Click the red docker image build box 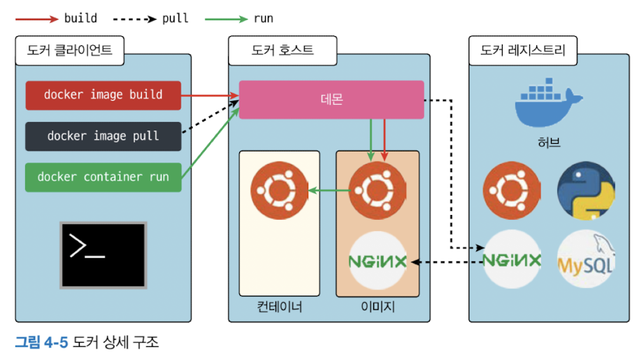click(x=103, y=96)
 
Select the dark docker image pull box click(x=103, y=136)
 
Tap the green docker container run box click(x=103, y=177)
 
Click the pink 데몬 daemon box click(x=331, y=100)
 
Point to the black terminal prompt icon click(x=103, y=255)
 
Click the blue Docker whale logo click(x=549, y=102)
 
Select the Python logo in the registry click(x=586, y=190)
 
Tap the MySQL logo click(x=586, y=259)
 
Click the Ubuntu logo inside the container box click(x=279, y=190)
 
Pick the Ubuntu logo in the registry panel click(x=512, y=190)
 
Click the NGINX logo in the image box click(x=378, y=260)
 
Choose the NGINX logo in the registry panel click(x=512, y=259)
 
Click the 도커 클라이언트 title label click(x=70, y=50)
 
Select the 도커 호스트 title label click(x=282, y=50)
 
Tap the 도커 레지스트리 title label click(x=523, y=50)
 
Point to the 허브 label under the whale click(x=549, y=143)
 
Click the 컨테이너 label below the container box click(x=279, y=307)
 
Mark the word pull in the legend click(x=175, y=18)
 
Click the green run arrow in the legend click(x=226, y=19)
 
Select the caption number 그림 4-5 click(x=41, y=342)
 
